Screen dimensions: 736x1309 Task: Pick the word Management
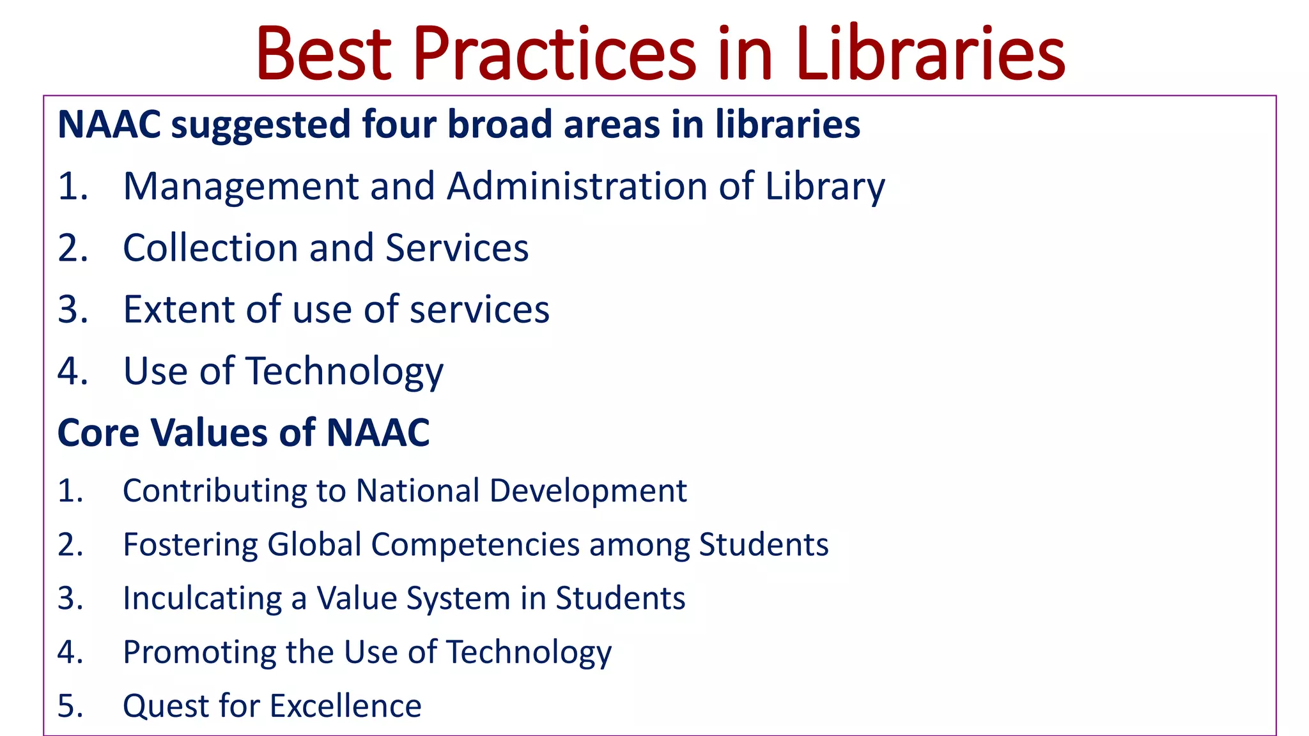click(240, 187)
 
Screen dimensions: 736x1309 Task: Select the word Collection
click(211, 248)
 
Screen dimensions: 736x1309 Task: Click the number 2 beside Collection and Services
click(70, 248)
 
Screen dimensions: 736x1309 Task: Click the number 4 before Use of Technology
click(70, 371)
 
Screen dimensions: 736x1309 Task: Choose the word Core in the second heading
click(98, 433)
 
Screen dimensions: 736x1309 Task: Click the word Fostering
click(190, 544)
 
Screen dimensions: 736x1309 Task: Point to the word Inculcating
click(202, 599)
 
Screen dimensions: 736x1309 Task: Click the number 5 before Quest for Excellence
click(68, 706)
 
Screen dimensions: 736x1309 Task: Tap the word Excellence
click(345, 706)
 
